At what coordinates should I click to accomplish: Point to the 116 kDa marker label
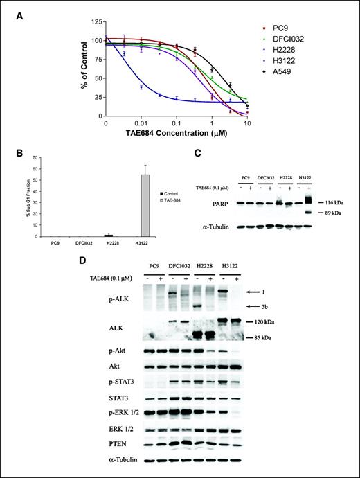(331, 201)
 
